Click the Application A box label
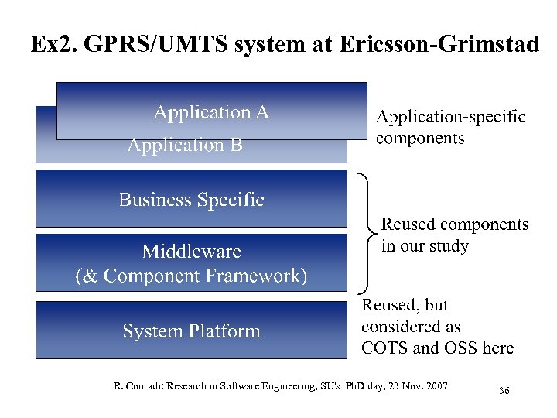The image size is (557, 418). (211, 113)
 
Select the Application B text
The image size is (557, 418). (185, 145)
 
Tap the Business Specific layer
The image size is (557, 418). (191, 200)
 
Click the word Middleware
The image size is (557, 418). (191, 252)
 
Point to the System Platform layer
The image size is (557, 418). (191, 331)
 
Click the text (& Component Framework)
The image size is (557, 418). (191, 276)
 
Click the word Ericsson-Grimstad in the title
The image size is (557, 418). (439, 44)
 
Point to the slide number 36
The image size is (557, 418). (504, 391)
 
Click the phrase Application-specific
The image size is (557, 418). (451, 117)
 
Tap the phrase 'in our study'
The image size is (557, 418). (425, 246)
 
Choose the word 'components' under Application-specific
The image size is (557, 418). (420, 139)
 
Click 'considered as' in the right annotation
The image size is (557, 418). (411, 326)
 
